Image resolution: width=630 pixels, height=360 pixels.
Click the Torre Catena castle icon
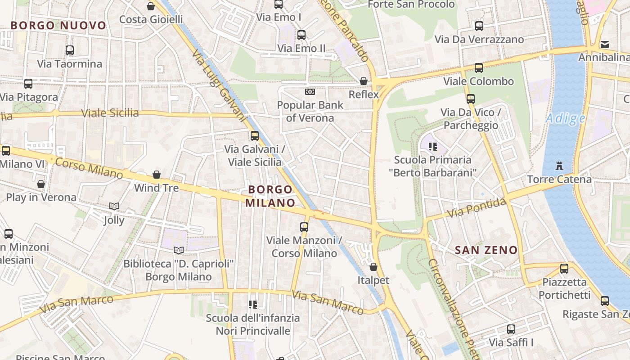pos(559,166)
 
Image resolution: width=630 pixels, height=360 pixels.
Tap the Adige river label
pos(565,119)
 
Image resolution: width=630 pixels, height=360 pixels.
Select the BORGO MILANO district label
pos(270,196)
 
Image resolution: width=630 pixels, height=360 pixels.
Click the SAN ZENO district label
pos(486,250)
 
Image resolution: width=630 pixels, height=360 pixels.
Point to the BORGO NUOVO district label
pos(58,26)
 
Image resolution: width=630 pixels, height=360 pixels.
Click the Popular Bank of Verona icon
pos(310,92)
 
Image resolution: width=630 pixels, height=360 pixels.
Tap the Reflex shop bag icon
pos(363,81)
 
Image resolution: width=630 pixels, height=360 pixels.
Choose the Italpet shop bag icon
pos(373,267)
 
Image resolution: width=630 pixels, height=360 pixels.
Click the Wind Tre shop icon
pos(157,174)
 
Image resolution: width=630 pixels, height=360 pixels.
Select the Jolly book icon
pos(114,207)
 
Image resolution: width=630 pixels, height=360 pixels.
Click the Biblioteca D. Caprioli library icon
pos(179,250)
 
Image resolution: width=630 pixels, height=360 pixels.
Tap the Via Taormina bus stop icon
pos(69,50)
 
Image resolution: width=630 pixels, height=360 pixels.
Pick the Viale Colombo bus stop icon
pos(478,68)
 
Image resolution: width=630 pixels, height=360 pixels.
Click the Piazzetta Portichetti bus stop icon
pos(564,269)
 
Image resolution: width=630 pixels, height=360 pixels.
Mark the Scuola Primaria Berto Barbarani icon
pos(433,146)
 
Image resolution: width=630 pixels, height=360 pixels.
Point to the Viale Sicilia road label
pos(110,113)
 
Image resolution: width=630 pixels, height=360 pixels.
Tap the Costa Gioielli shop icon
pos(151,6)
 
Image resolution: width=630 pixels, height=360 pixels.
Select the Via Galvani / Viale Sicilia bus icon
pos(255,135)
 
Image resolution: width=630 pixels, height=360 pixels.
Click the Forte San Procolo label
pos(411,4)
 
